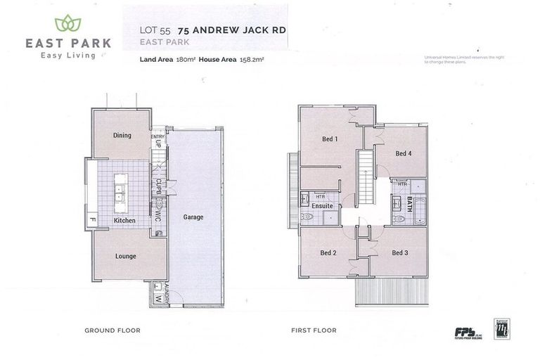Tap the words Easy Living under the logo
coord(68,56)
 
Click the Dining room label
coord(122,135)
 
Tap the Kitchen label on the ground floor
coord(124,220)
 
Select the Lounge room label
coord(125,256)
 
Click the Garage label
coord(193,217)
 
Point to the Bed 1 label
coord(330,139)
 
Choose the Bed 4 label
coord(403,153)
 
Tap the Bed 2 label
coord(328,252)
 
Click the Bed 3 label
coord(400,252)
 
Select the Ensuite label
coord(322,206)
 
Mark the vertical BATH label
coord(409,205)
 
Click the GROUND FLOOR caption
coord(112,330)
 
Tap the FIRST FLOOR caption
coord(314,330)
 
